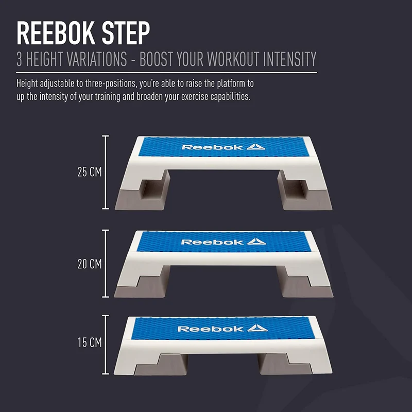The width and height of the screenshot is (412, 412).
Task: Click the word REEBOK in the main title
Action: click(56, 33)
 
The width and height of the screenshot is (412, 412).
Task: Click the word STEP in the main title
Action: click(126, 33)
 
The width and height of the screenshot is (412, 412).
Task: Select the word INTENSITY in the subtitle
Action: click(290, 59)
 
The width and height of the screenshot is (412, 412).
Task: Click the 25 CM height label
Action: click(90, 172)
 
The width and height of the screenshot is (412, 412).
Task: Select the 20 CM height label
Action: click(90, 264)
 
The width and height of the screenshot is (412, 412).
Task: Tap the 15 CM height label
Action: click(90, 342)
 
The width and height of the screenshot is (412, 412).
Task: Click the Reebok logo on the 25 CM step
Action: click(224, 147)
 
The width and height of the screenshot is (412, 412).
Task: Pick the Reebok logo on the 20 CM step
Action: click(224, 242)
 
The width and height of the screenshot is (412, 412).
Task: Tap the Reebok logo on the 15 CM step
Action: click(223, 329)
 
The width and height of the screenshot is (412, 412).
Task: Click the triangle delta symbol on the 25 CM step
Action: click(255, 147)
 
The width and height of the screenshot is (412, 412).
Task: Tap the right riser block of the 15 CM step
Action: click(286, 365)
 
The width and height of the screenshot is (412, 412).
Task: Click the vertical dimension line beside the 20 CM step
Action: click(106, 264)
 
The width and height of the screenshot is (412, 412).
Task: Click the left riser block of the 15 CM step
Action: click(161, 365)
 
